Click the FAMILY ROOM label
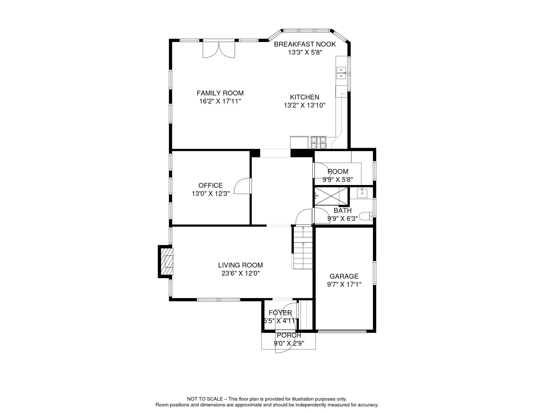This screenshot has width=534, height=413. (x=220, y=93)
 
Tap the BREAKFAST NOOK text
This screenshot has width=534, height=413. (x=305, y=44)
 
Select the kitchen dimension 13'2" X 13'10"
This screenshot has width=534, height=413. (x=304, y=105)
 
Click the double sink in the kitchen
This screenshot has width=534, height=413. (x=341, y=73)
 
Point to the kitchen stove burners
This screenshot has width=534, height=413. (x=319, y=143)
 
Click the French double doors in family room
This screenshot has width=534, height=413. (x=219, y=50)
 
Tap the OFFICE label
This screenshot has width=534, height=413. (x=210, y=186)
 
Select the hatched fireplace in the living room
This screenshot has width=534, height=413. (x=167, y=261)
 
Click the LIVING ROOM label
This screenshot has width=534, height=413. (x=240, y=265)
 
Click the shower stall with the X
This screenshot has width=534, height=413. (x=331, y=196)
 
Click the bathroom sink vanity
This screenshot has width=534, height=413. (x=362, y=193)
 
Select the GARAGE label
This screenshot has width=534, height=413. (x=344, y=276)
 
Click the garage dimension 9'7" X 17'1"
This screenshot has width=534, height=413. (x=344, y=284)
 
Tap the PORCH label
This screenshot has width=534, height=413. (x=289, y=335)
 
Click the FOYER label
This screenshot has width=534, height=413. (x=280, y=313)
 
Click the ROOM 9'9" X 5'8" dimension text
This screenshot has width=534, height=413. (x=338, y=180)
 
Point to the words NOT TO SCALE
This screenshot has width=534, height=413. (x=205, y=399)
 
